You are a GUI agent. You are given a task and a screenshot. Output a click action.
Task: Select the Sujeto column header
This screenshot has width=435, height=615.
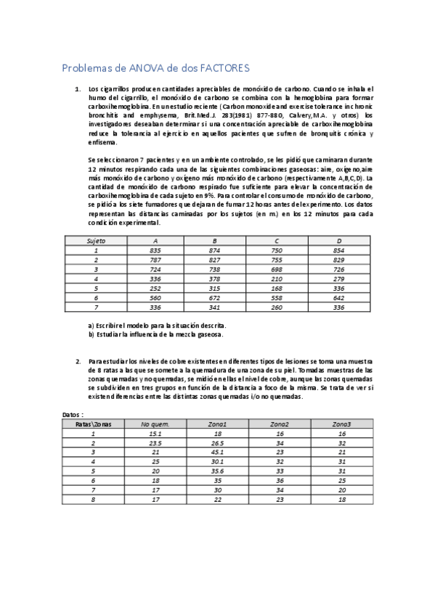click(96, 241)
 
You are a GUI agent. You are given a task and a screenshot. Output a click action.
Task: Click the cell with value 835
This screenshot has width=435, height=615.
click(155, 250)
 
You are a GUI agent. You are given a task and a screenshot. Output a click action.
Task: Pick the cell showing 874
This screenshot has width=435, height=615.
click(214, 250)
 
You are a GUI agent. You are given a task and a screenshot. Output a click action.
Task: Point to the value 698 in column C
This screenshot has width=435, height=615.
click(277, 269)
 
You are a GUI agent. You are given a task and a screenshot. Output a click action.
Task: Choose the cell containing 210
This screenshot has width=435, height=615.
click(277, 278)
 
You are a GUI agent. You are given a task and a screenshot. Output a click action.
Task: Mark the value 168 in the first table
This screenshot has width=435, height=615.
click(277, 288)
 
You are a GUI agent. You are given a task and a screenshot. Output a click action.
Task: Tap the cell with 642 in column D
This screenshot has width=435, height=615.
click(338, 297)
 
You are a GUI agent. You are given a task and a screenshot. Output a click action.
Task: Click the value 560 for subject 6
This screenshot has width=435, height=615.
click(155, 297)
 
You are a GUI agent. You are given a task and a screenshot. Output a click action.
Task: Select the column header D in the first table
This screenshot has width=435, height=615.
click(338, 241)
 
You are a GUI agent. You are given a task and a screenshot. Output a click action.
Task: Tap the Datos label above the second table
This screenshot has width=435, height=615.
click(73, 414)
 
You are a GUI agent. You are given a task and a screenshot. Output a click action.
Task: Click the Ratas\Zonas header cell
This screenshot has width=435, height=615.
click(94, 424)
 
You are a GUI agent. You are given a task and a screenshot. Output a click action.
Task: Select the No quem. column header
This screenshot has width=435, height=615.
click(155, 424)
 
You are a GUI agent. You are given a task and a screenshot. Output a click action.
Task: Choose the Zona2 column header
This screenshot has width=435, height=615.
click(280, 424)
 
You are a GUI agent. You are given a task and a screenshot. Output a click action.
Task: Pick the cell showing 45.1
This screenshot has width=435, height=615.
click(216, 452)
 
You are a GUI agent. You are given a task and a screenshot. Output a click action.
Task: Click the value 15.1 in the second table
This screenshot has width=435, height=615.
click(155, 433)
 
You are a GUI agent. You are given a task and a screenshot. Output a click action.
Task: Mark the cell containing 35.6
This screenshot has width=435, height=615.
click(216, 471)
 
